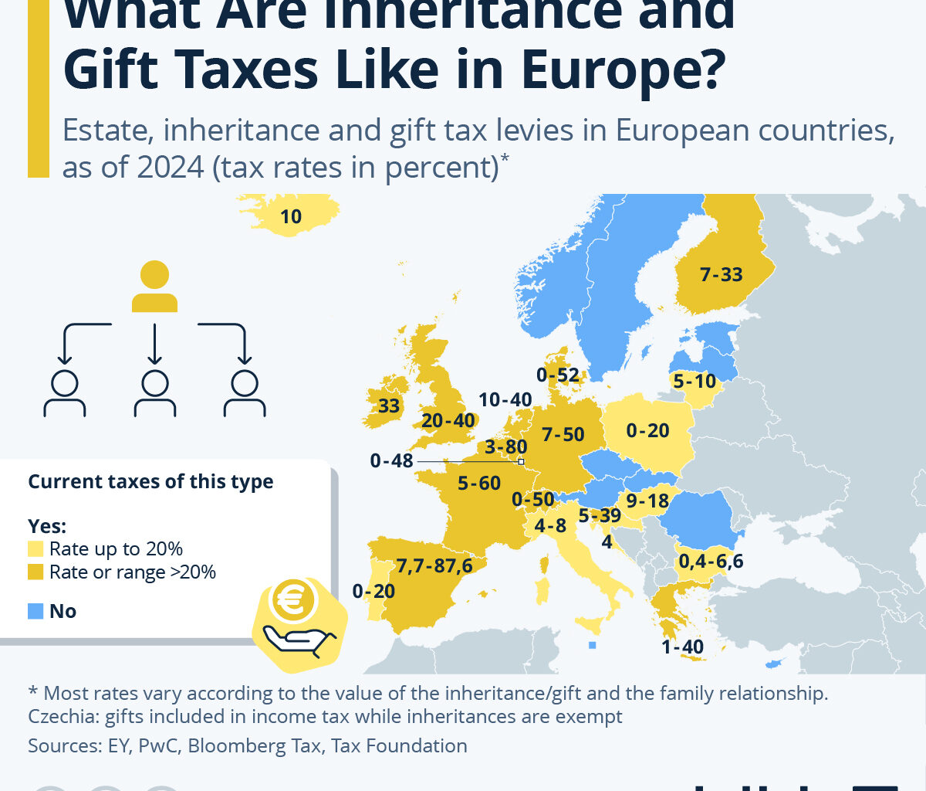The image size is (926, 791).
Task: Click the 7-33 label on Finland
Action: click(x=721, y=274)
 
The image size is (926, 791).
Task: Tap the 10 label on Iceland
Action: click(x=291, y=216)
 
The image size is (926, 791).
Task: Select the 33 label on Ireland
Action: click(x=389, y=405)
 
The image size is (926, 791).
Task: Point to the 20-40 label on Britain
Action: click(x=448, y=421)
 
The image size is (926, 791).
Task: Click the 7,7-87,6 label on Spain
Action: click(x=434, y=565)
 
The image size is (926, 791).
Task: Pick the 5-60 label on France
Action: click(x=479, y=484)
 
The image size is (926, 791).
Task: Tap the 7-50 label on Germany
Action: click(x=563, y=434)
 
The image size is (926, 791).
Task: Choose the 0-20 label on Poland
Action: click(x=647, y=430)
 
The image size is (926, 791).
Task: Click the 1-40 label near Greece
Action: click(x=682, y=647)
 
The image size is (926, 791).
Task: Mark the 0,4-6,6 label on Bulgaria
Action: click(x=711, y=561)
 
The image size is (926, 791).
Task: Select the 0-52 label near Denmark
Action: click(x=558, y=376)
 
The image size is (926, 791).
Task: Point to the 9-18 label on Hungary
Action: click(x=647, y=501)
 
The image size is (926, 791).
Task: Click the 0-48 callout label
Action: click(x=391, y=461)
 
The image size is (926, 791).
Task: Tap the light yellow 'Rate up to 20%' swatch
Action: click(x=35, y=549)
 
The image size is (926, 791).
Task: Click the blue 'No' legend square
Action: click(x=35, y=612)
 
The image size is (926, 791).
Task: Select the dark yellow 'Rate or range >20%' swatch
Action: click(x=35, y=572)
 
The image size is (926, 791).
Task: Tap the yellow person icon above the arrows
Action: click(x=154, y=286)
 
